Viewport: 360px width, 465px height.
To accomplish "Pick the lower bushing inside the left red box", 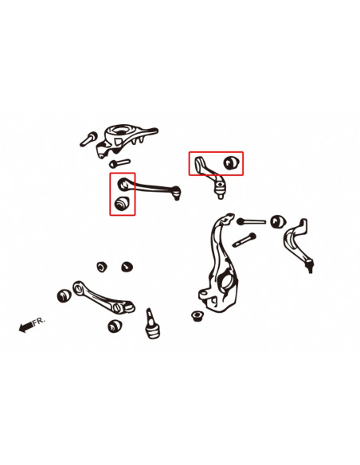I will (x=122, y=204).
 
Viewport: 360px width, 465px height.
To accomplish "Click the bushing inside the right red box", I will (x=233, y=162).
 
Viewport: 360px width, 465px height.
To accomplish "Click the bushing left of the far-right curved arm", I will (x=278, y=221).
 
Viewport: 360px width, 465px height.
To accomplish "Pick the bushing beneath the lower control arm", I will (x=116, y=326).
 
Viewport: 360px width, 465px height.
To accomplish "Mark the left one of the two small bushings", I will (x=102, y=264).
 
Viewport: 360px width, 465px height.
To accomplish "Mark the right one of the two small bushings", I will (x=126, y=264).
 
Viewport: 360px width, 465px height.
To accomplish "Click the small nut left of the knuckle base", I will (x=198, y=316).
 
